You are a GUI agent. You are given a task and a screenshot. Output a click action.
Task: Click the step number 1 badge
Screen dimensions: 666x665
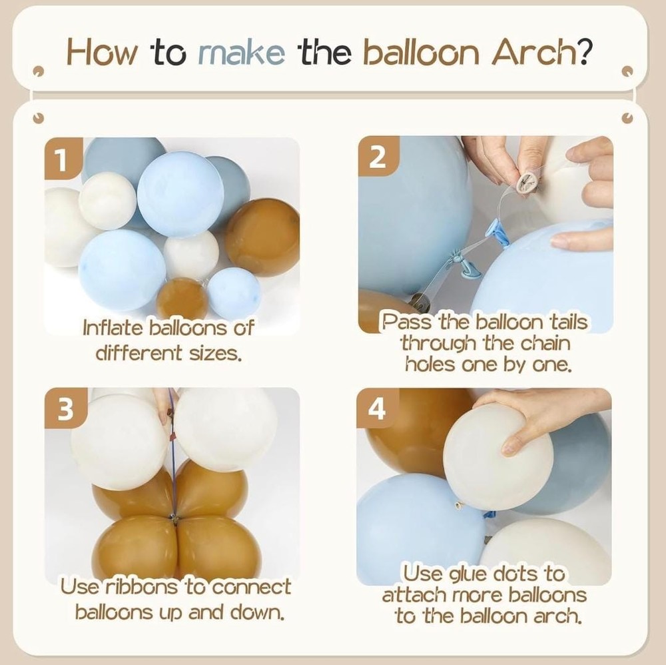[63, 158]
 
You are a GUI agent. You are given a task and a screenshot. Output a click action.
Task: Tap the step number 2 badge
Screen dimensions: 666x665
[378, 157]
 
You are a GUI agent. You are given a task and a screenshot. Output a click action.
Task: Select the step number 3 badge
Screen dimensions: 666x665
[66, 408]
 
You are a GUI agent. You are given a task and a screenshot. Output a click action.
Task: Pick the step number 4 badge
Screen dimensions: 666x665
[378, 408]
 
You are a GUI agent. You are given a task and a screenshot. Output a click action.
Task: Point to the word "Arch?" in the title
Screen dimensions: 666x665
[541, 51]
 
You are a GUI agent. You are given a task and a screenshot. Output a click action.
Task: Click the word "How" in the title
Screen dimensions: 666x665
[103, 52]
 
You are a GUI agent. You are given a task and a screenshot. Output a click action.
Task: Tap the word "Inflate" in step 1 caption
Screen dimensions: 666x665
[113, 328]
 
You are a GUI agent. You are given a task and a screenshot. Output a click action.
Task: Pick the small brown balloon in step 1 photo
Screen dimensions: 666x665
[182, 299]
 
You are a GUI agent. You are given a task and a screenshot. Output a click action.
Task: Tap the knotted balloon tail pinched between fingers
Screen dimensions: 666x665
[526, 183]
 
